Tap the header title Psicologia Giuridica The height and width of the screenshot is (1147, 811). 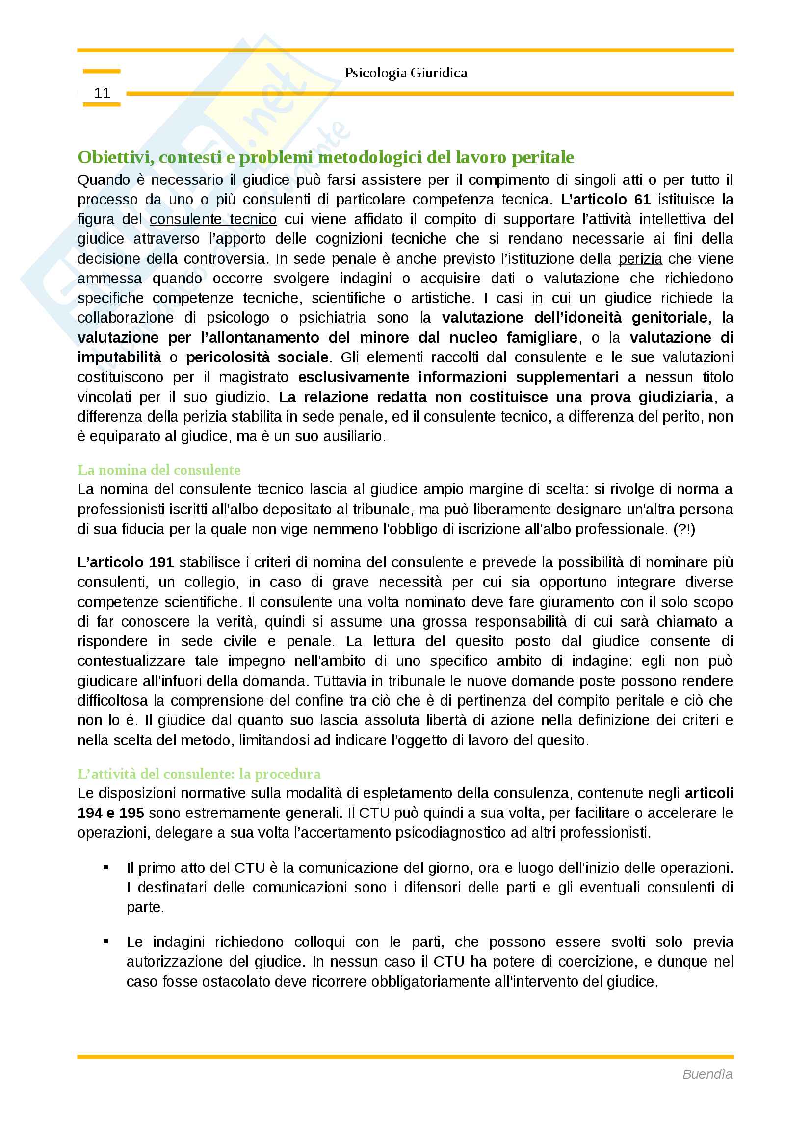[x=405, y=73]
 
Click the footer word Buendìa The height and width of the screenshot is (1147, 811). [x=707, y=1074]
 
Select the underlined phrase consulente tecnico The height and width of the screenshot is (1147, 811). [x=213, y=219]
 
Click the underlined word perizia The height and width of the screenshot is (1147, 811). [x=640, y=259]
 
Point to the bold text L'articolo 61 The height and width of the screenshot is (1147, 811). [x=605, y=199]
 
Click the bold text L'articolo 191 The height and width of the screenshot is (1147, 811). [x=126, y=562]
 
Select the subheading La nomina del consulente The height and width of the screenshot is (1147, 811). [x=159, y=470]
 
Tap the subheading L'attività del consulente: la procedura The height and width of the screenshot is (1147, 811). [x=199, y=774]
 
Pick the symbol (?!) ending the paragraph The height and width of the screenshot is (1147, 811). [x=684, y=529]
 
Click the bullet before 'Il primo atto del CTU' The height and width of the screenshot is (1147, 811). [x=106, y=868]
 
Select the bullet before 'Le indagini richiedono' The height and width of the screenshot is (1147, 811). [x=106, y=942]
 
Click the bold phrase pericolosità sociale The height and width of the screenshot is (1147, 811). [x=257, y=357]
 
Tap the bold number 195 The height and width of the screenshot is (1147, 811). [x=132, y=813]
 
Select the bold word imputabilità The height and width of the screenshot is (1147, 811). [x=119, y=357]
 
